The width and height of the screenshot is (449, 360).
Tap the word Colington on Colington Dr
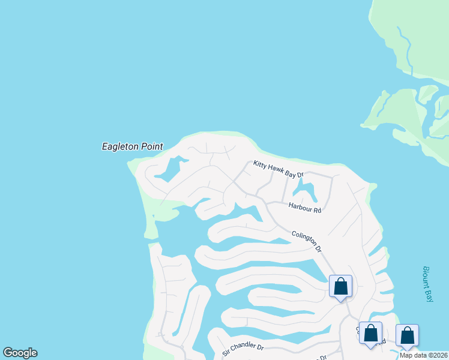pyautogui.click(x=303, y=239)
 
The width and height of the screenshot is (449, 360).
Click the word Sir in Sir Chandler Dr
pyautogui.click(x=226, y=352)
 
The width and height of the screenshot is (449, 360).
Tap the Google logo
pyautogui.click(x=20, y=353)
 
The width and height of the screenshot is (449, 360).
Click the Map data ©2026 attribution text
pyautogui.click(x=424, y=355)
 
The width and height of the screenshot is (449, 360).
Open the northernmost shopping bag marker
pyautogui.click(x=340, y=287)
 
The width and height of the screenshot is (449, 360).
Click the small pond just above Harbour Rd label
pyautogui.click(x=306, y=192)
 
